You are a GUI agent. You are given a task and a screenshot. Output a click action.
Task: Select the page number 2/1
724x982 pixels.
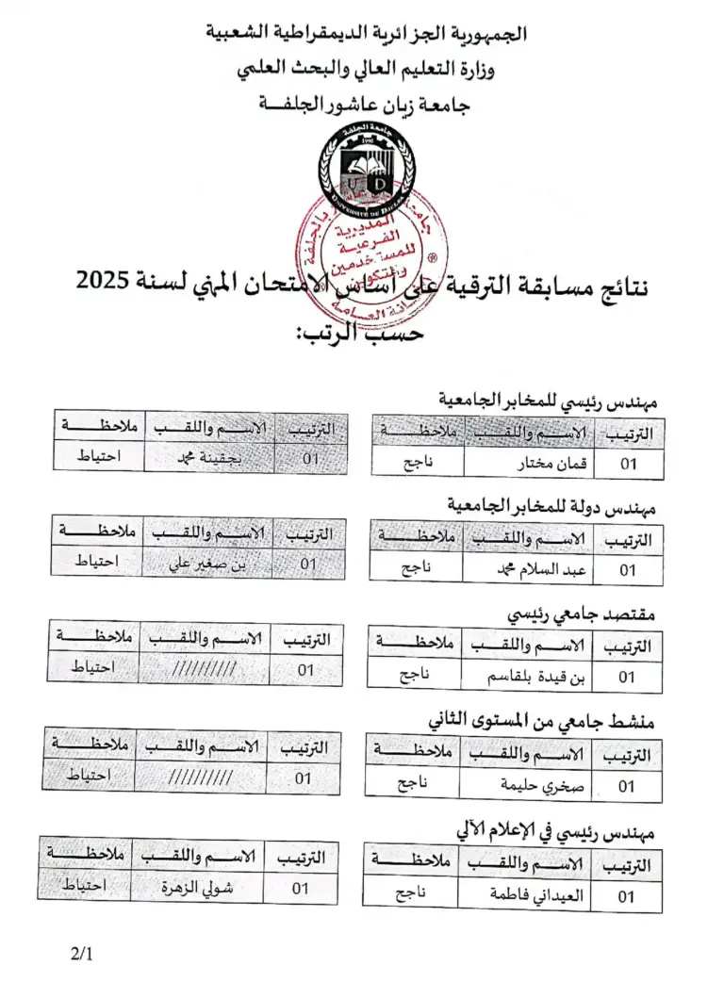coord(82,953)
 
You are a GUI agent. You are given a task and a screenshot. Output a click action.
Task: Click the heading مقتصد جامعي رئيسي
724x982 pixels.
coord(582,614)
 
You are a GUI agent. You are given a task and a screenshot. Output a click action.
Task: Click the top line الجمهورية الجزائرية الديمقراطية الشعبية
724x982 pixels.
coord(367,34)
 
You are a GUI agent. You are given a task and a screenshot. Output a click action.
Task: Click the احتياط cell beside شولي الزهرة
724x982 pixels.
coord(83,886)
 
